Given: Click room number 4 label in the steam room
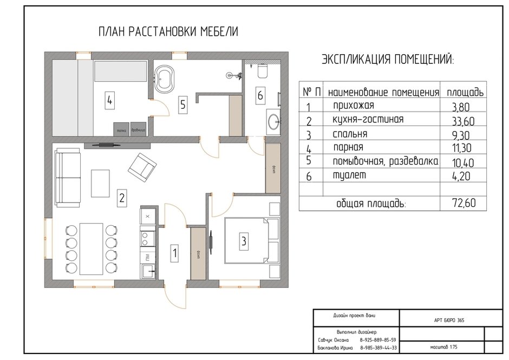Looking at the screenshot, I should pos(110,100).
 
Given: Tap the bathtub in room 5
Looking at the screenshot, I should pos(164,79).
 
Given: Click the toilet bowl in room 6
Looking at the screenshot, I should pos(262,70).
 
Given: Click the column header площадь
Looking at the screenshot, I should pos(465,91).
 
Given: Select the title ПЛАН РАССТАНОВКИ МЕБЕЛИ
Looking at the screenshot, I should pos(168,32).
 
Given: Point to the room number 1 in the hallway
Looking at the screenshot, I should pos(174,252).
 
